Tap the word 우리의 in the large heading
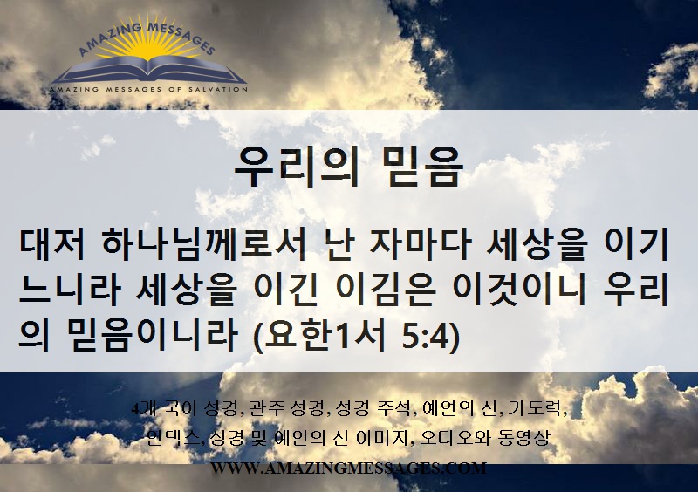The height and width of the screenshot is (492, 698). click(297, 166)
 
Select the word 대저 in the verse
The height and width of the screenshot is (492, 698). click(52, 245)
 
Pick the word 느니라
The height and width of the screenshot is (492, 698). click(71, 290)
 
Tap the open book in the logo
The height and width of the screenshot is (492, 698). click(148, 71)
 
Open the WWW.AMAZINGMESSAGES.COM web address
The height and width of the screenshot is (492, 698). click(348, 468)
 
